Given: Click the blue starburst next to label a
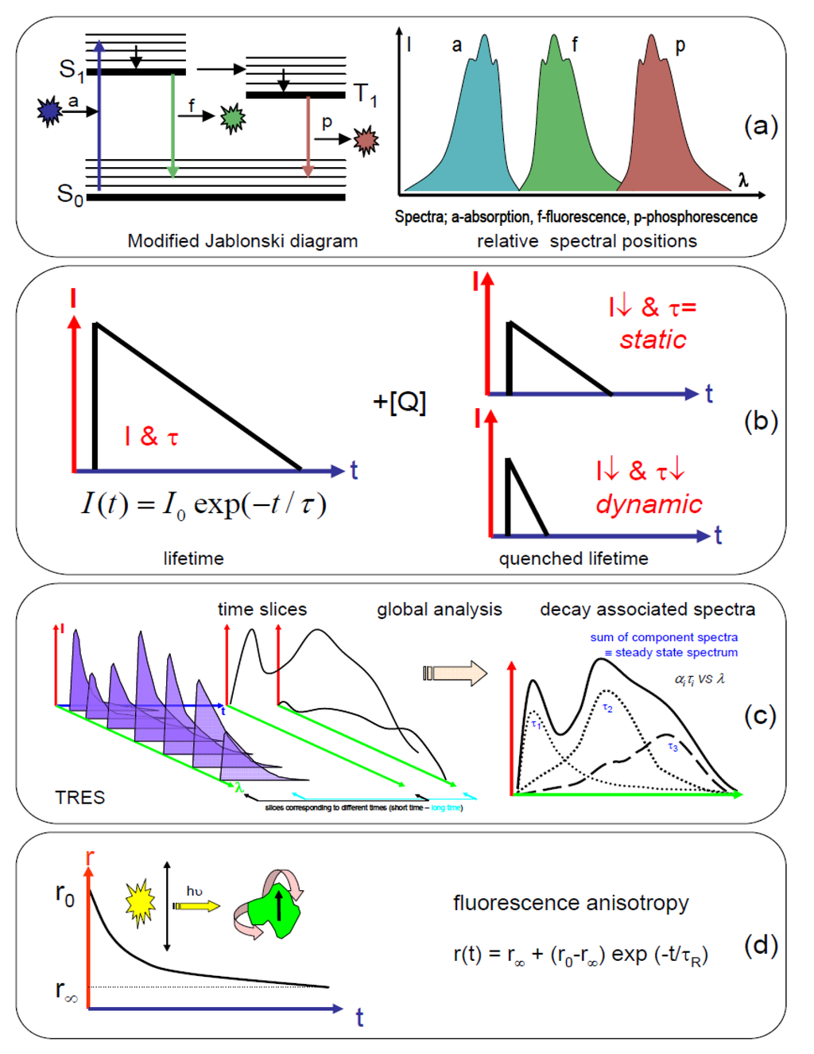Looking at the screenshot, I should tap(49, 111).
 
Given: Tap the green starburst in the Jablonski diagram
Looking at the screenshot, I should tap(233, 118).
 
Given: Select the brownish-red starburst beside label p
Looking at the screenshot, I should tap(366, 141).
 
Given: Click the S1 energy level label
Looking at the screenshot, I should tap(72, 70).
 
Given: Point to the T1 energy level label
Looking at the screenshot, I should tap(365, 95).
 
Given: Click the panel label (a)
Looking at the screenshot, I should tap(760, 126).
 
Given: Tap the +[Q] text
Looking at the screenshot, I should tap(399, 402).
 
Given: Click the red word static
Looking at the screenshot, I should tap(653, 340).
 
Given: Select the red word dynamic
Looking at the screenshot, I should tap(649, 504).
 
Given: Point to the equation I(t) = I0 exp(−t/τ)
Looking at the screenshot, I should tap(203, 504).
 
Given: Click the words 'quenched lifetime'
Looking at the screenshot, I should tap(573, 558).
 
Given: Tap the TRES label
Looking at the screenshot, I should tap(79, 797).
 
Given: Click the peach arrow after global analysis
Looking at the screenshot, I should tap(455, 673).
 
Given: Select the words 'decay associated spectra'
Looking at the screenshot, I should tap(647, 609).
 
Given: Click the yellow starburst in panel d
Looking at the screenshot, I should tap(140, 903).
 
